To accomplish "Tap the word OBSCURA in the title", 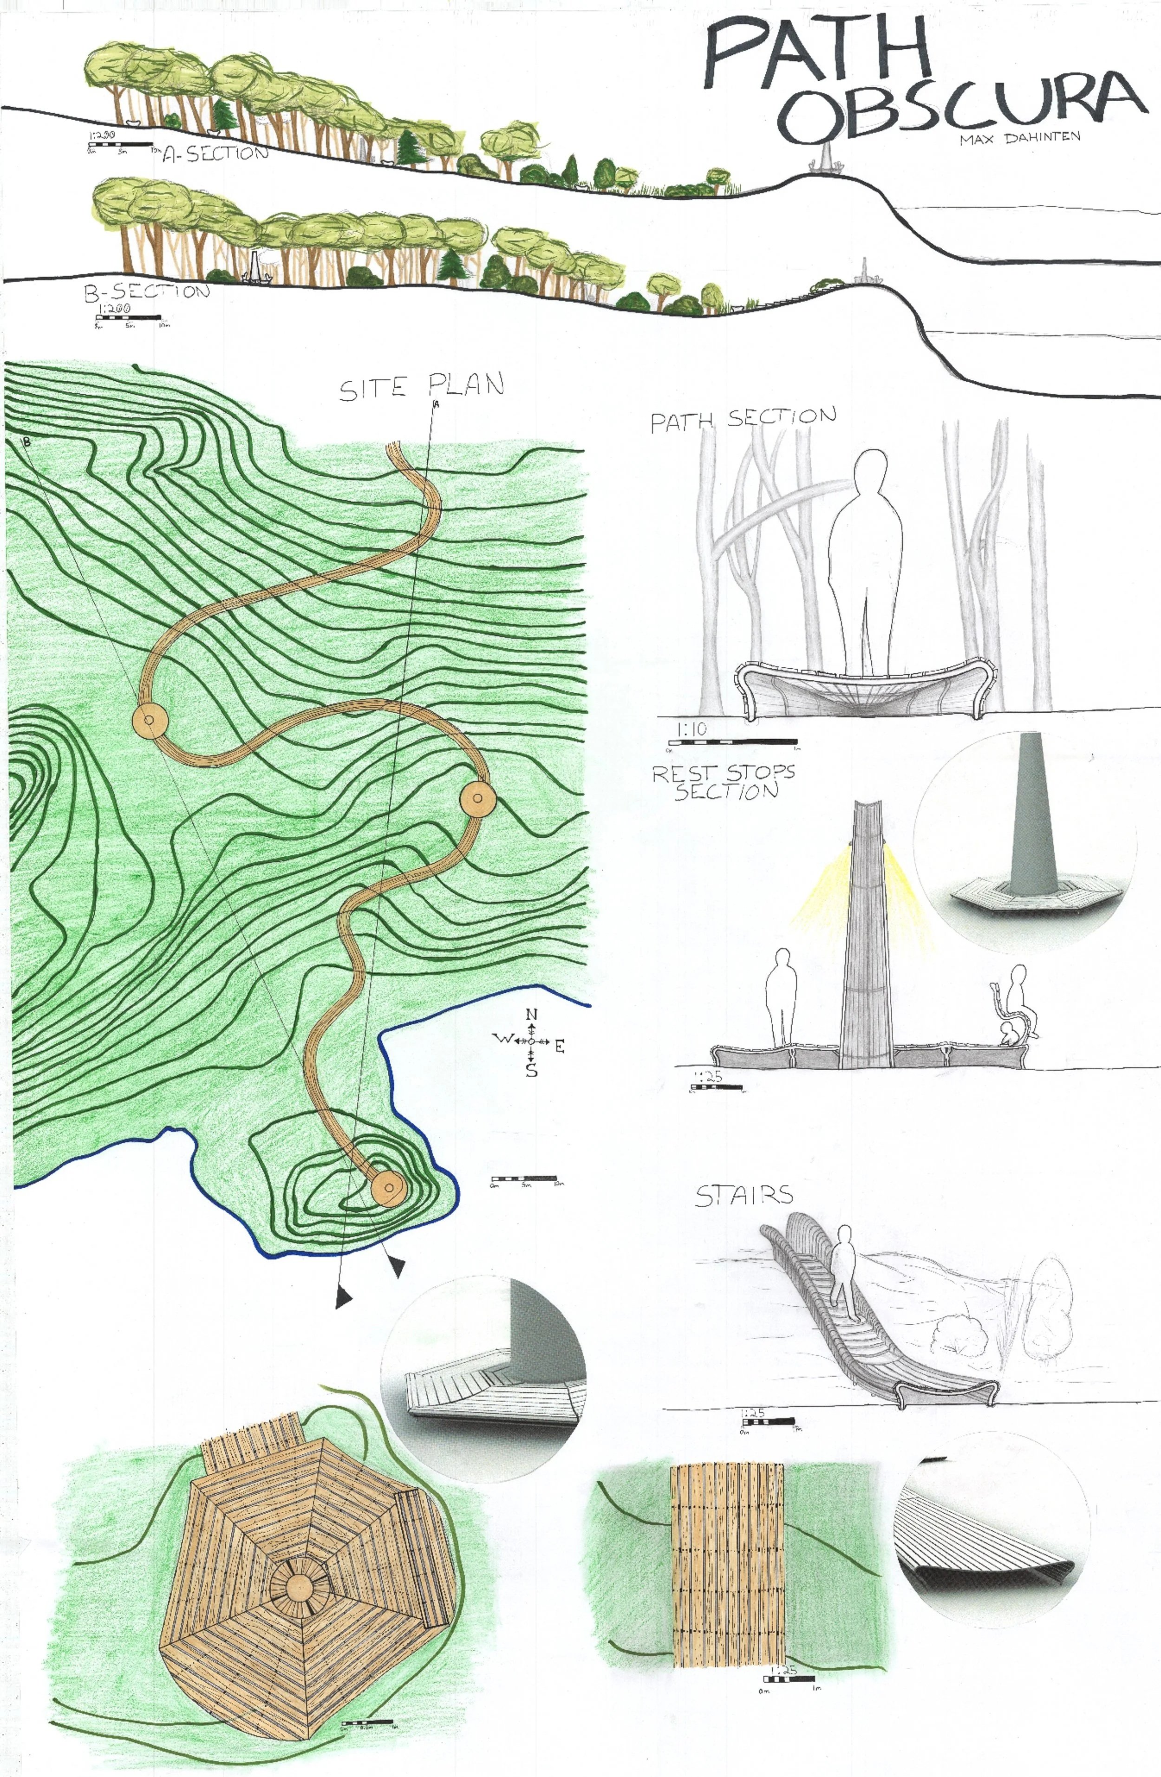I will [963, 108].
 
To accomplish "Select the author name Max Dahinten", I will [1020, 138].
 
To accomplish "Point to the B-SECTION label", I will [146, 291].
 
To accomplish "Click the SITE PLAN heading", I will [422, 387].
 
